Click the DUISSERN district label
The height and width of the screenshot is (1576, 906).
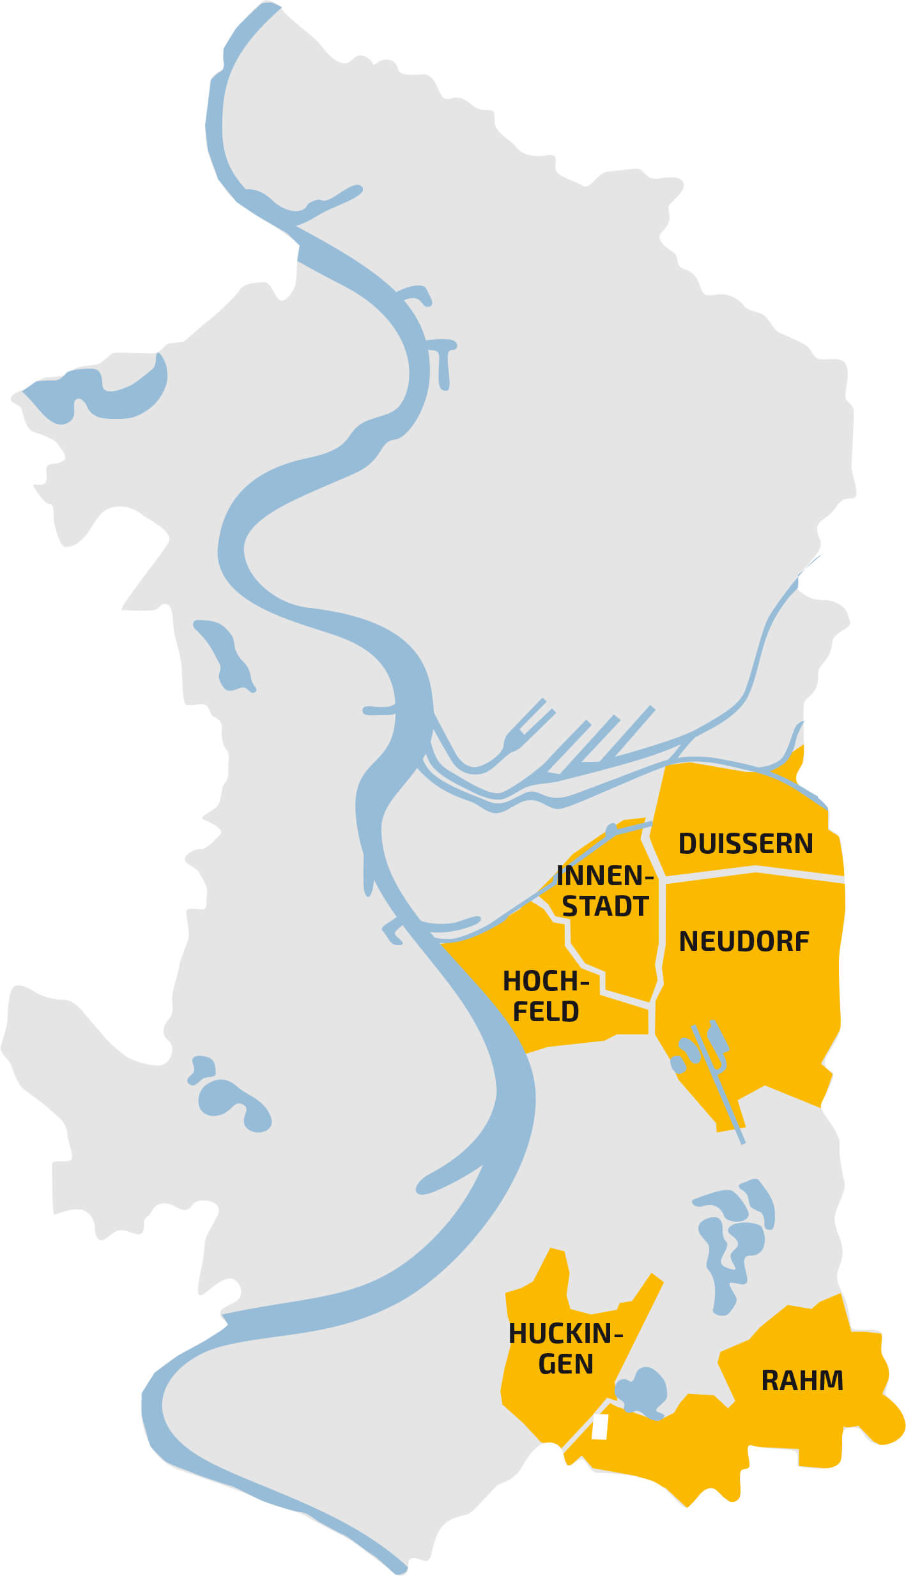pyautogui.click(x=745, y=844)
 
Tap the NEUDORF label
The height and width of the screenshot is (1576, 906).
pyautogui.click(x=744, y=941)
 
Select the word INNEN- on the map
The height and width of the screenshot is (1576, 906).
pyautogui.click(x=604, y=875)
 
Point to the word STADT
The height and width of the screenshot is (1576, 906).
pyautogui.click(x=605, y=906)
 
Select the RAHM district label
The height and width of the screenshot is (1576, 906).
pyautogui.click(x=802, y=1381)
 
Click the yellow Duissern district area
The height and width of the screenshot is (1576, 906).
pyautogui.click(x=735, y=798)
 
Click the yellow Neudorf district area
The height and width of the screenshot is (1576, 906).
pyautogui.click(x=767, y=1009)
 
